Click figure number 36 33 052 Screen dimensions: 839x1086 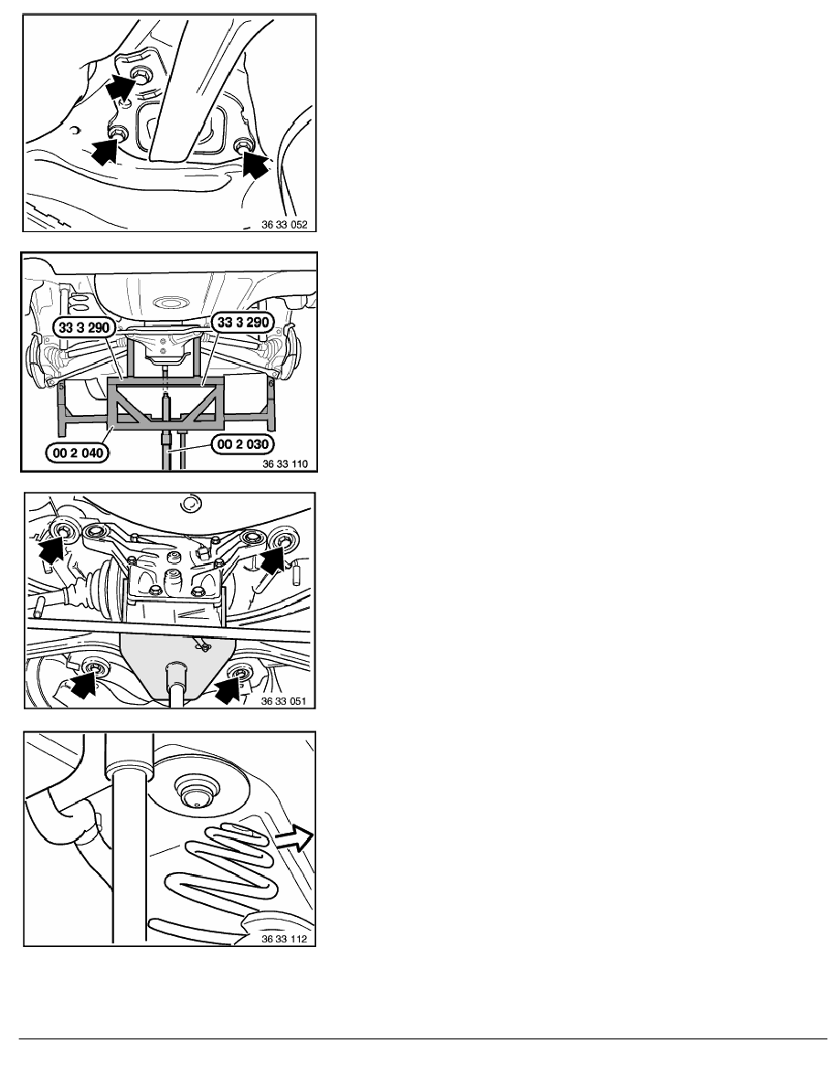(x=284, y=224)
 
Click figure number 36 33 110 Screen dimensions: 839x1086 (x=284, y=463)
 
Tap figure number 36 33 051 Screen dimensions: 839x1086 (x=284, y=701)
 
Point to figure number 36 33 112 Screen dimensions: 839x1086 (x=284, y=939)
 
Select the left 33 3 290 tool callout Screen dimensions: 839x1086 (x=84, y=327)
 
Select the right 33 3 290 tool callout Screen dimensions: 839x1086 (x=243, y=322)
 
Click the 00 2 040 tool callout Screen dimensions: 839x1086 (x=78, y=453)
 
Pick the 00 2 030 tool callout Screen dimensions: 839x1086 (x=243, y=444)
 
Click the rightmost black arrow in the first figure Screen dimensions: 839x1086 (x=255, y=165)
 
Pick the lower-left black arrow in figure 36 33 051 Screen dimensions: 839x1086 (x=82, y=683)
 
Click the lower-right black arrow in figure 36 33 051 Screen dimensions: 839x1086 (x=228, y=687)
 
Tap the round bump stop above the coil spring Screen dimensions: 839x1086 (x=196, y=791)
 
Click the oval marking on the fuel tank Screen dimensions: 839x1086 (x=170, y=303)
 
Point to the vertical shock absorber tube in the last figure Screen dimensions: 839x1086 (x=130, y=838)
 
